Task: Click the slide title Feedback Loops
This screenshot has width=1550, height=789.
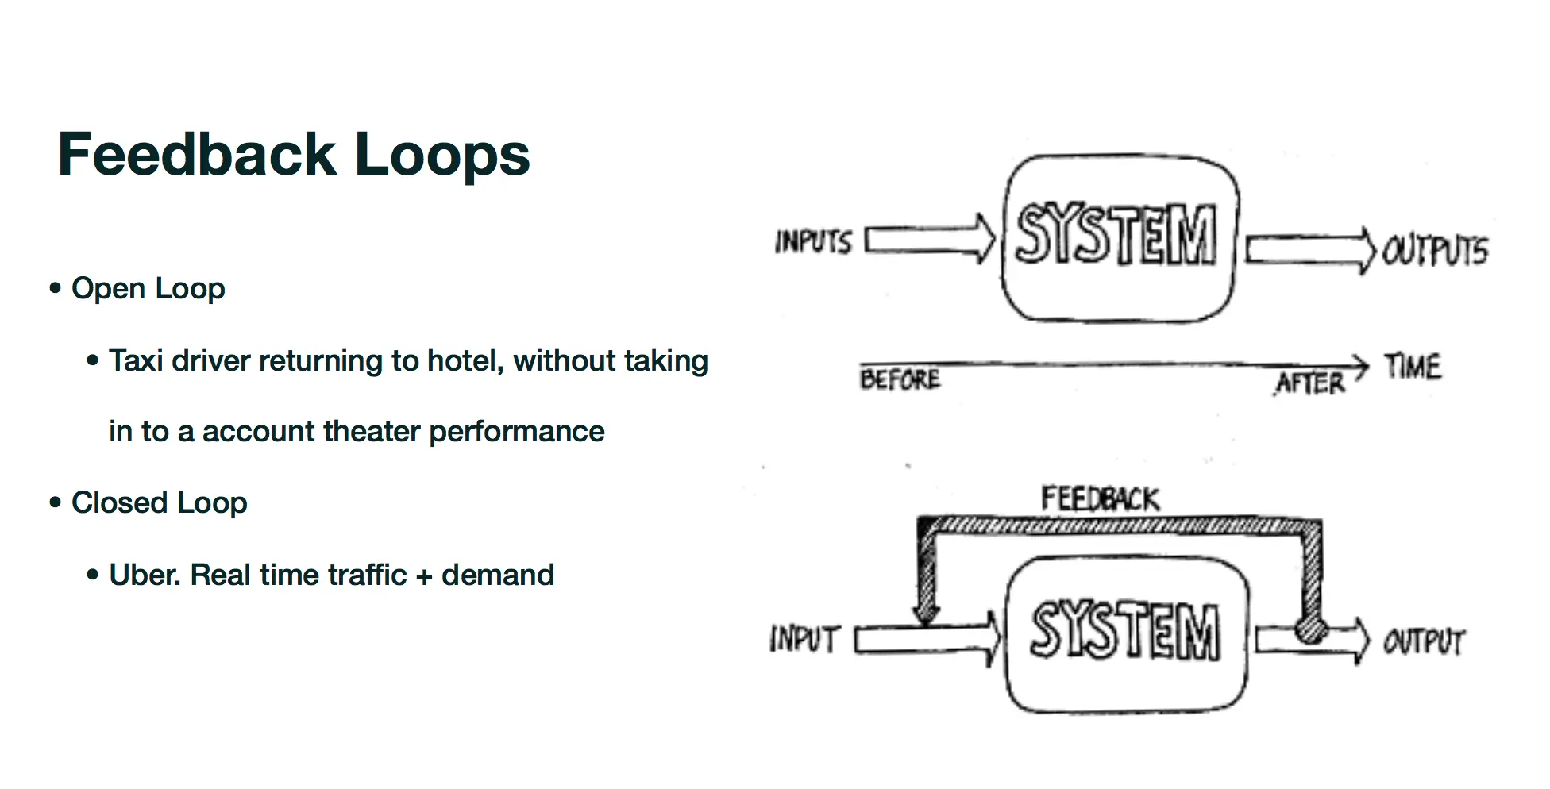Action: click(x=293, y=154)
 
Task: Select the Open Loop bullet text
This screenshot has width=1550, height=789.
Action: click(x=148, y=288)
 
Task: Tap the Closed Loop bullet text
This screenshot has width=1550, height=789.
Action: click(x=159, y=502)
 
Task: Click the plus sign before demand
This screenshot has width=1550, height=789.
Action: click(x=424, y=576)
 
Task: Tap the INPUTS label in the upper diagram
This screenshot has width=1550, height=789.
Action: click(x=813, y=241)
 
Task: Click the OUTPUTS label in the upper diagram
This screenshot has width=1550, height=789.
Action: click(x=1435, y=251)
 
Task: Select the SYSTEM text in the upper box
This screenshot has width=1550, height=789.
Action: click(x=1116, y=233)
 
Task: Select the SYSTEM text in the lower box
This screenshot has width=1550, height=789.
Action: click(x=1124, y=630)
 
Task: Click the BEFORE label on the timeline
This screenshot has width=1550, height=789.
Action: click(x=900, y=379)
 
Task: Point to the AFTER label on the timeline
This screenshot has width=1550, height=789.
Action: click(x=1310, y=383)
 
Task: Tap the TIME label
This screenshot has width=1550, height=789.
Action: click(x=1413, y=367)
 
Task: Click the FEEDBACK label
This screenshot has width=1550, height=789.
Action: click(x=1100, y=499)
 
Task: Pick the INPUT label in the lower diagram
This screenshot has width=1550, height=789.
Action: click(x=804, y=639)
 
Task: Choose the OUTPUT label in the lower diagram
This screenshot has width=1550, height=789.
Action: click(x=1424, y=641)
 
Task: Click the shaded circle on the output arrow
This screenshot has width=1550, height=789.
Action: click(x=1311, y=630)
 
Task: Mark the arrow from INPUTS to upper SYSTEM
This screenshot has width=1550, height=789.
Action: click(x=929, y=239)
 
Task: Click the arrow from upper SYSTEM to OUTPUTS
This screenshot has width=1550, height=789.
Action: click(x=1310, y=250)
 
